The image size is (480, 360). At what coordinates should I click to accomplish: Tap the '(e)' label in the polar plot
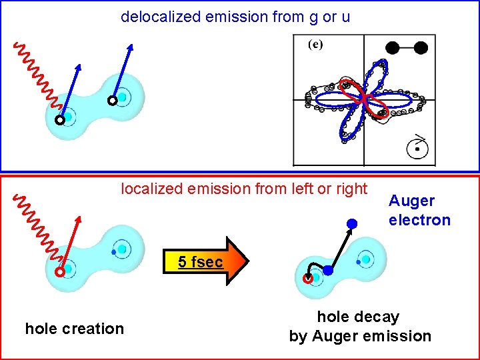[x=315, y=45]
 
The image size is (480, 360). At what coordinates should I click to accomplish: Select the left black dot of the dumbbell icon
[x=393, y=47]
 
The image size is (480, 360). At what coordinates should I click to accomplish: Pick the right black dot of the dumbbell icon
[x=421, y=47]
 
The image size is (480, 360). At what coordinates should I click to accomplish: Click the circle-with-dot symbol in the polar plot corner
[x=417, y=149]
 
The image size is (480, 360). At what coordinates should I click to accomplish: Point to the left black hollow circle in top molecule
[x=60, y=121]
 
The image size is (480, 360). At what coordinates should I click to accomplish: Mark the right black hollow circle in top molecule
[x=113, y=101]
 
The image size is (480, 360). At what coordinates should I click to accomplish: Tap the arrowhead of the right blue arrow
[x=131, y=47]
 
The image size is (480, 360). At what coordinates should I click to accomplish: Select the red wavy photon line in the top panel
[x=37, y=74]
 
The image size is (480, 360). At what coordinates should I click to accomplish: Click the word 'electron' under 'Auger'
[x=419, y=220]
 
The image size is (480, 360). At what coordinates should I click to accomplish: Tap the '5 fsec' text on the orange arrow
[x=200, y=262]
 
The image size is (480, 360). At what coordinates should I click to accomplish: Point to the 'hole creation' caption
[x=74, y=328]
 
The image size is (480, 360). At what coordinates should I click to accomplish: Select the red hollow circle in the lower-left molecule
[x=60, y=272]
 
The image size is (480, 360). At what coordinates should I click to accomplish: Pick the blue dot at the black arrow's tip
[x=352, y=223]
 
